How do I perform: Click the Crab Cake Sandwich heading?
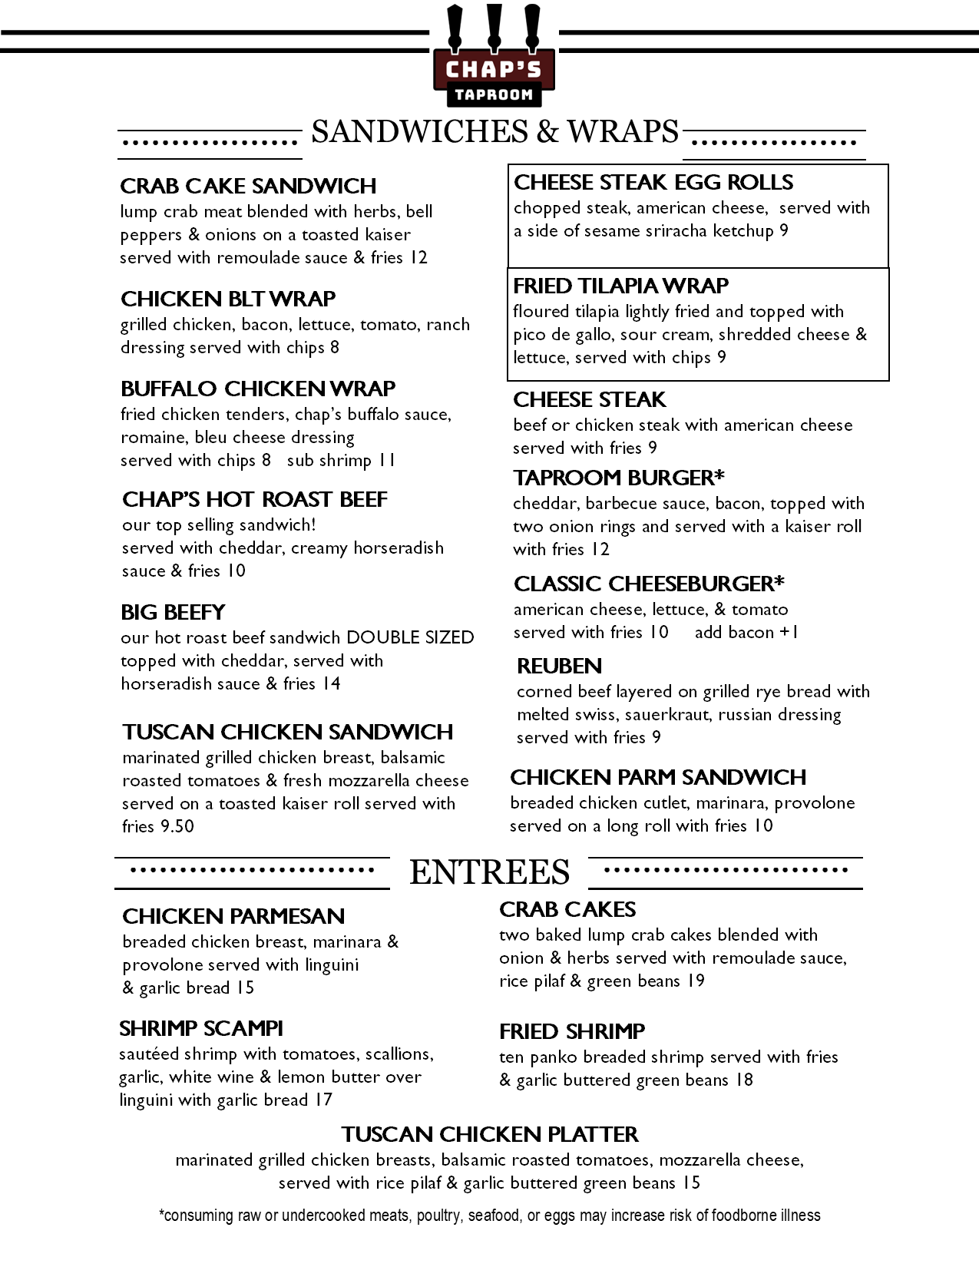tap(248, 186)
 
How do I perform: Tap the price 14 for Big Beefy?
tap(331, 683)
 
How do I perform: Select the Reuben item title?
tap(559, 666)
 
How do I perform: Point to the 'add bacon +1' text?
tap(746, 632)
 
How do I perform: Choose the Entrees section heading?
tap(489, 872)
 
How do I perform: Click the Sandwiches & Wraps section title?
tap(494, 132)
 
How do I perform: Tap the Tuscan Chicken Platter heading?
tap(490, 1134)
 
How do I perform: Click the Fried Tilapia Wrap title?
tap(620, 286)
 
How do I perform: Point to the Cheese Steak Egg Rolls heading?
tap(653, 182)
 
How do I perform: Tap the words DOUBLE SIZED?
tap(410, 637)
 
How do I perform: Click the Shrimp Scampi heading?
tap(201, 1028)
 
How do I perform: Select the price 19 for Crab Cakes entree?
tap(696, 981)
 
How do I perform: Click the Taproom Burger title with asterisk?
tap(618, 478)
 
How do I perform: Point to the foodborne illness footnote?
tap(489, 1215)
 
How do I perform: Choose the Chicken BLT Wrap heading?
tap(228, 299)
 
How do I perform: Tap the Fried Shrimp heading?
tap(571, 1031)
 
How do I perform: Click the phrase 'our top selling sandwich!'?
tap(219, 524)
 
